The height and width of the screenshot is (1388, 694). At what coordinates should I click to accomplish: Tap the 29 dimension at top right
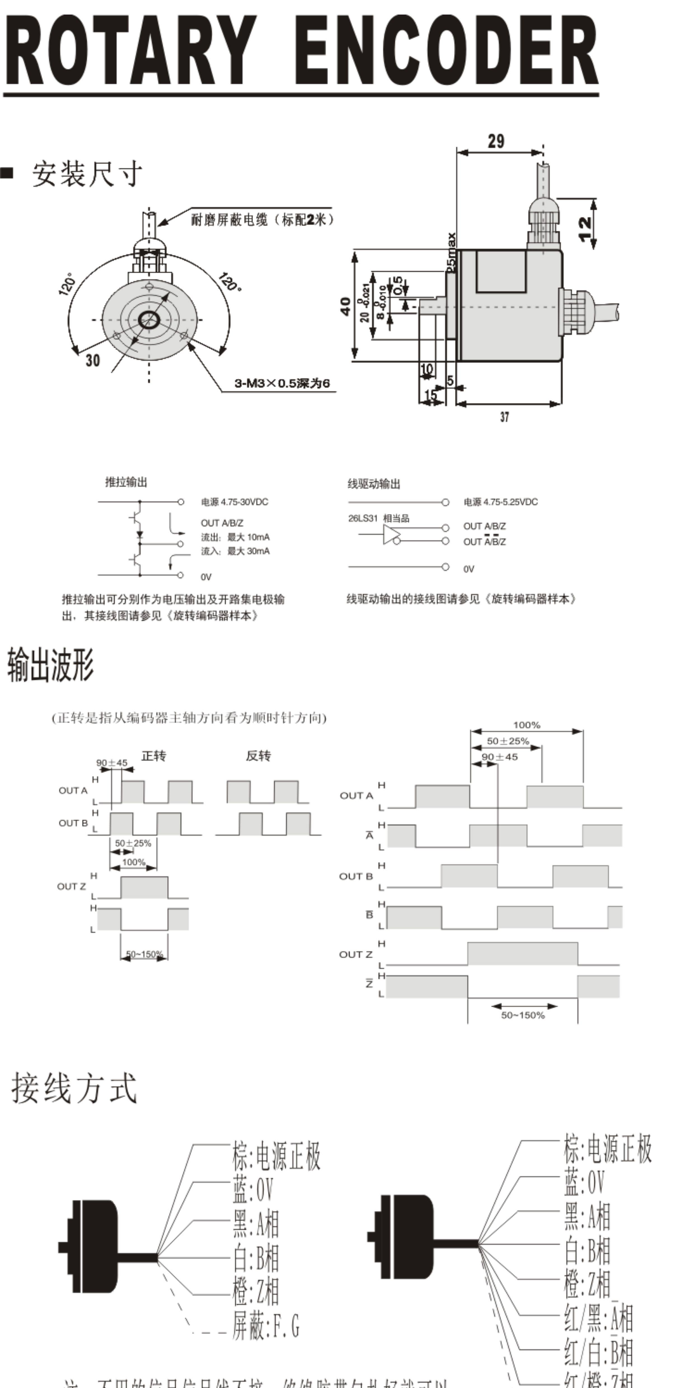coord(496,141)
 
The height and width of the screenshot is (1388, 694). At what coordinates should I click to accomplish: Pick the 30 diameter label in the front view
coord(93,360)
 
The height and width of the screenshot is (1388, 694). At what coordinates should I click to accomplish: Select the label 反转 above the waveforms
coord(258,756)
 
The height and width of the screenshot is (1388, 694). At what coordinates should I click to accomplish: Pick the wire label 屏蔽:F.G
coord(266,1326)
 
